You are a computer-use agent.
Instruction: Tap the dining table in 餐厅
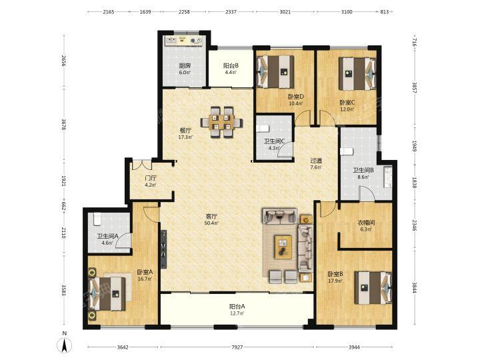coord(221,122)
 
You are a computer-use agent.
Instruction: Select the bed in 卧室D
coord(275,71)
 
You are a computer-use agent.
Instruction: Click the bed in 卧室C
coord(357,74)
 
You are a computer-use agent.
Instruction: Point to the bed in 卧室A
coord(107,294)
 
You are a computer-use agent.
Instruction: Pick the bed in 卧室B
coord(373,288)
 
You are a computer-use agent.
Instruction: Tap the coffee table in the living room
coord(283,247)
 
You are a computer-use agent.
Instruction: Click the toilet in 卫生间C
coord(263,128)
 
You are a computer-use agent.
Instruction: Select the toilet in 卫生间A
coord(97,219)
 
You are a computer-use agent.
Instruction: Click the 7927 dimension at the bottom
coord(237,347)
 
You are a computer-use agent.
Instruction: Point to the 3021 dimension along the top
coord(285,12)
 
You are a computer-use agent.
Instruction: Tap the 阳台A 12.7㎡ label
coord(237,309)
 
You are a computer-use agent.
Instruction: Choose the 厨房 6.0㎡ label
coord(185,69)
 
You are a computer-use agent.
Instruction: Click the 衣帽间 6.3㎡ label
coord(367,225)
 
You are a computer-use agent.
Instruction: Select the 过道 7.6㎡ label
coord(316,164)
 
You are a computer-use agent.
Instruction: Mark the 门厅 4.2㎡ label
coord(151,181)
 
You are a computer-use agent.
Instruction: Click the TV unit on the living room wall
coord(164,249)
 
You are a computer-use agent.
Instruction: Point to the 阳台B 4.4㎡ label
coord(231,69)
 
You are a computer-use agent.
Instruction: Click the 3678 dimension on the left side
coord(64,125)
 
